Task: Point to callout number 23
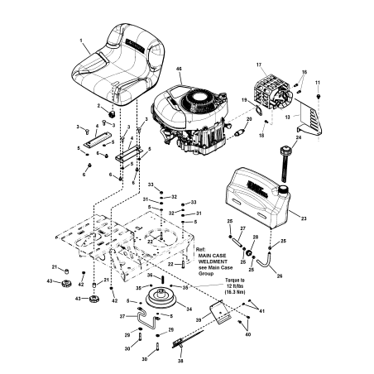[x=303, y=218]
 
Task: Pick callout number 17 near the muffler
[x=258, y=65]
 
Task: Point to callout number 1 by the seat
[x=82, y=40]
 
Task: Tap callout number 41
[x=262, y=310]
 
